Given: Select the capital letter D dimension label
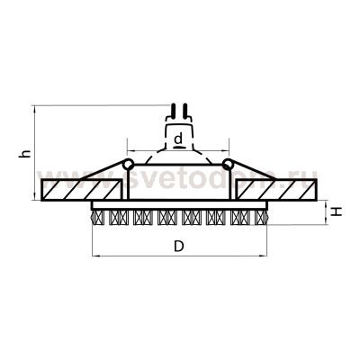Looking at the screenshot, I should click(x=179, y=245).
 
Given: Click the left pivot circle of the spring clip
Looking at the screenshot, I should click(x=130, y=164).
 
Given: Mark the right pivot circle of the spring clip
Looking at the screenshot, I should click(x=229, y=164).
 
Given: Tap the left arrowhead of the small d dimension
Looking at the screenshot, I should click(x=129, y=147).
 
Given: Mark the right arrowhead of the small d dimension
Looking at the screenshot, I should click(x=229, y=147).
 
